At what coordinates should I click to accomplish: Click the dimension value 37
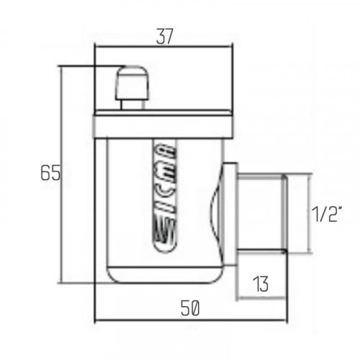164,37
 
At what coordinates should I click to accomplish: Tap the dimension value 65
50,173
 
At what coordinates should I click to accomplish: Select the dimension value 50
190,308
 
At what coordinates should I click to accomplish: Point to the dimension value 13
261,284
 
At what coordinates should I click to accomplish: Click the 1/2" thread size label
326,214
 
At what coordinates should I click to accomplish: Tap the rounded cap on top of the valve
132,83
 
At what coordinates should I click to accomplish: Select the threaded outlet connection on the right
261,212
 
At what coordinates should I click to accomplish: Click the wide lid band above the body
163,127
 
